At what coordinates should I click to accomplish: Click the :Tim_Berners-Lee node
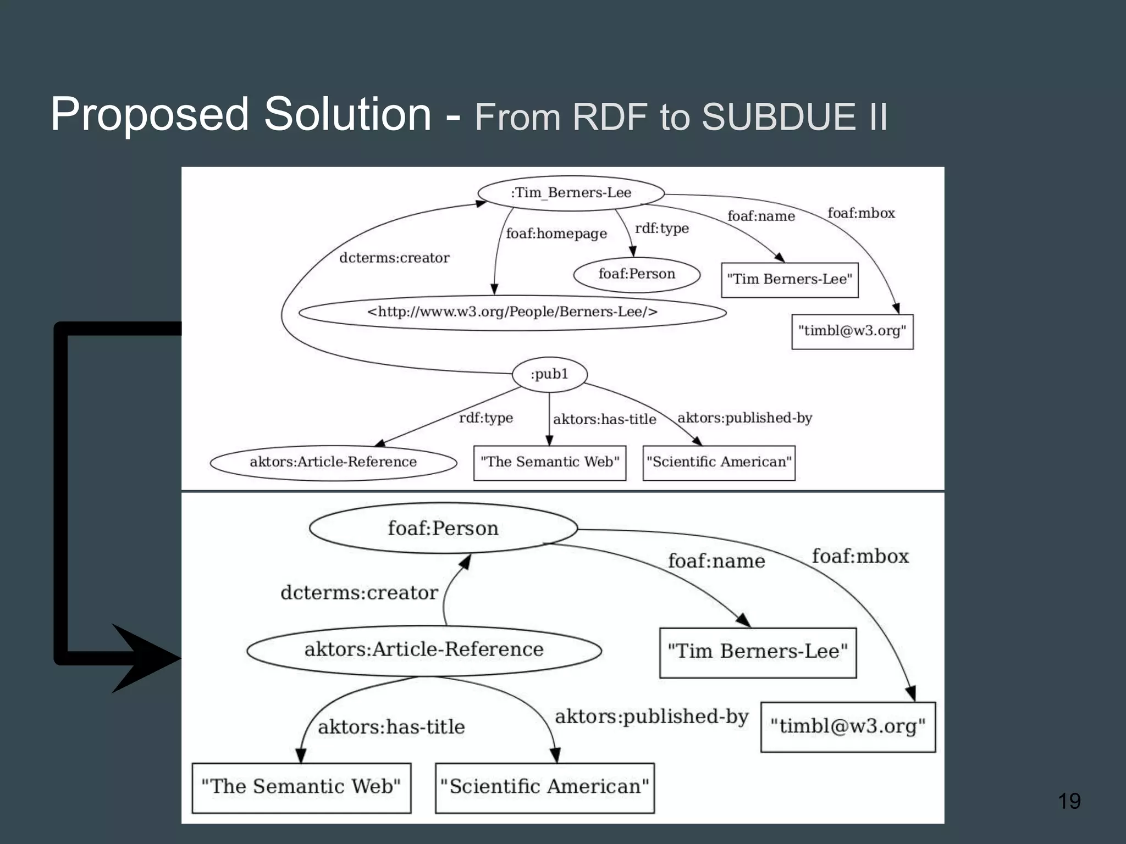click(x=571, y=193)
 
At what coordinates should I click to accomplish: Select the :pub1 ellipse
click(x=549, y=374)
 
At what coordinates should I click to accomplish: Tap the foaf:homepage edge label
click(x=556, y=234)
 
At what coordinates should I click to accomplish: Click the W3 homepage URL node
click(x=512, y=312)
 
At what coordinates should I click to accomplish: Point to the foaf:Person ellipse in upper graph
click(x=637, y=274)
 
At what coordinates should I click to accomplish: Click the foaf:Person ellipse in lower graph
click(x=443, y=528)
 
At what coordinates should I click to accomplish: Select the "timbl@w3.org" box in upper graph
click(x=852, y=331)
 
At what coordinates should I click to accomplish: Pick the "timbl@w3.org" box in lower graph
click(x=848, y=726)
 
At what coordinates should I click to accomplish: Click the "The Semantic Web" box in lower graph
click(x=301, y=787)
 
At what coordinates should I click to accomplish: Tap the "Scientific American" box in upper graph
click(x=719, y=462)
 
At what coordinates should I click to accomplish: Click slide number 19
click(x=1069, y=801)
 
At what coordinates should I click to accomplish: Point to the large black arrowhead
click(x=146, y=658)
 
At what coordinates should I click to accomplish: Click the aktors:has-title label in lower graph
click(x=391, y=727)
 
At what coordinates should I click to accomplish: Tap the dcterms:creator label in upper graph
click(x=394, y=258)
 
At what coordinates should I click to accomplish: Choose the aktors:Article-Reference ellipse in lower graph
click(x=424, y=649)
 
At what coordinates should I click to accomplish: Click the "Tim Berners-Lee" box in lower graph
click(x=758, y=652)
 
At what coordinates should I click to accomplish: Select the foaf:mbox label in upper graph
click(x=861, y=213)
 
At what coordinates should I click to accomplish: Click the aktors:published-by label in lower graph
click(x=652, y=717)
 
